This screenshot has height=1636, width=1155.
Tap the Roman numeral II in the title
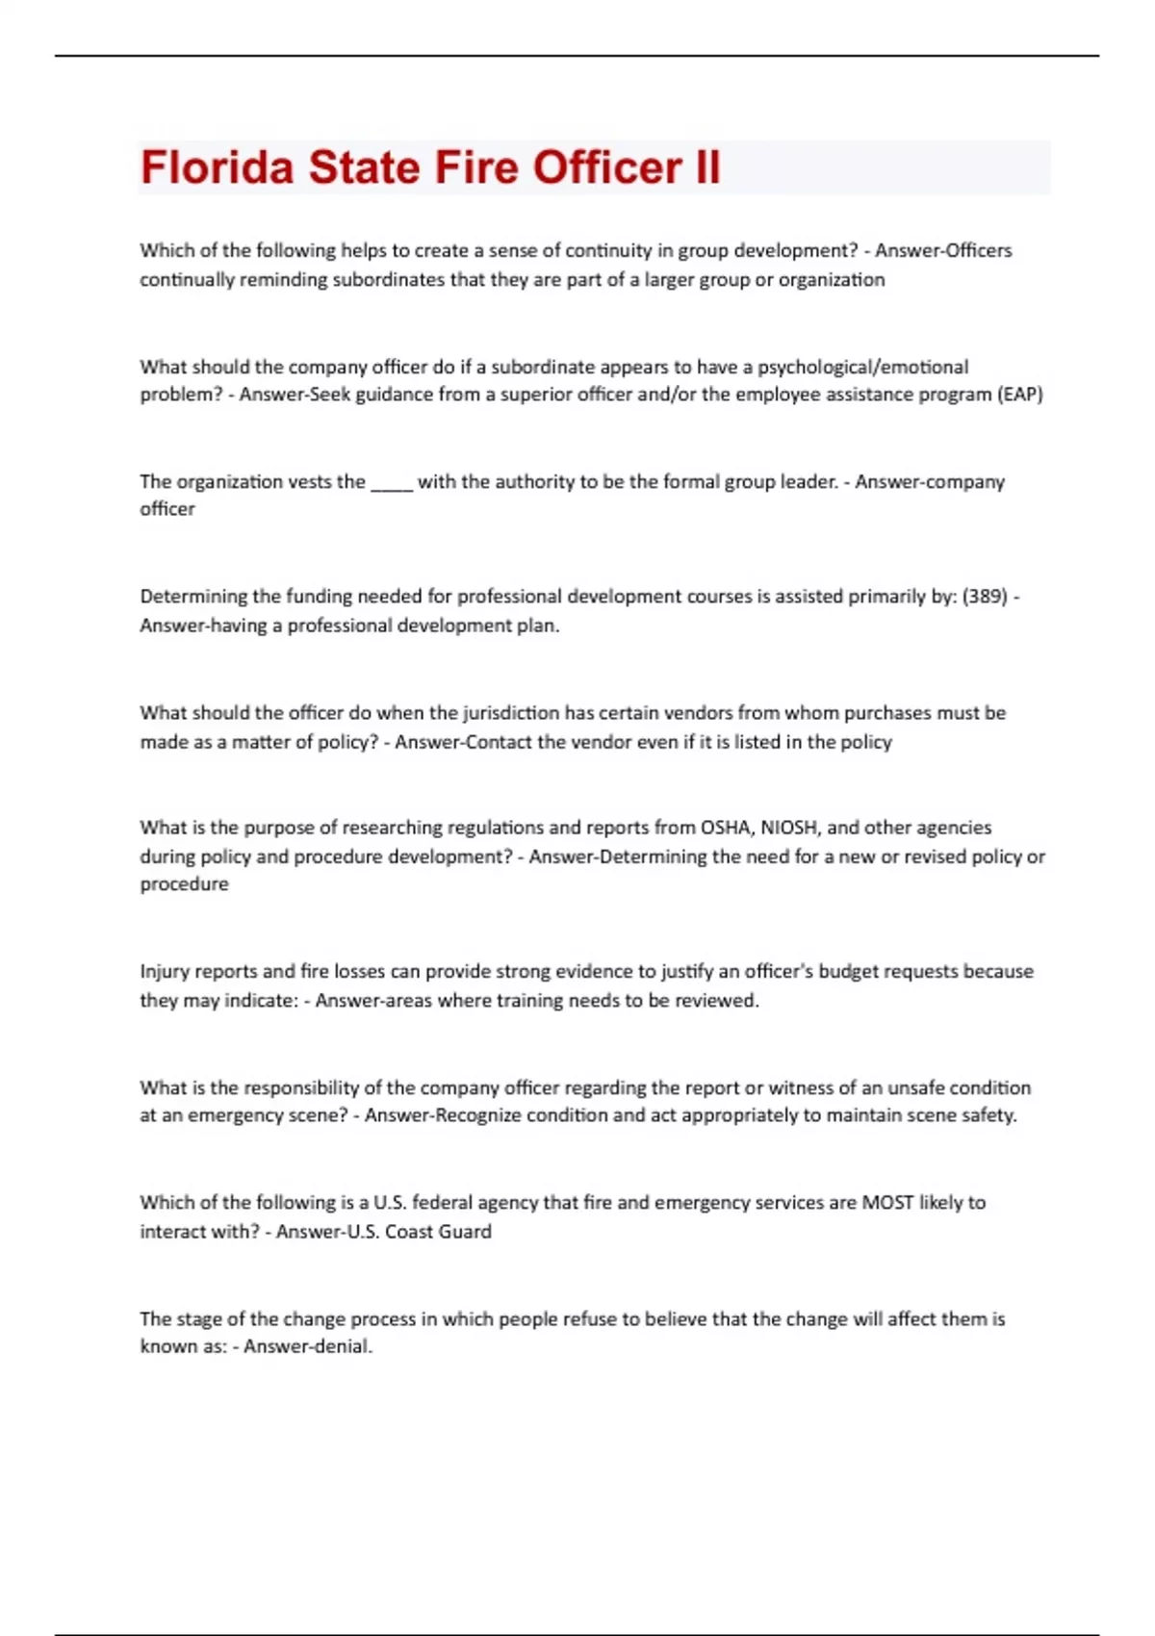pos(706,166)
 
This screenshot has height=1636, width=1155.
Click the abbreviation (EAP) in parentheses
pos(1020,395)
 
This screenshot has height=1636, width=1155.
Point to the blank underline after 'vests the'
pos(392,483)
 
